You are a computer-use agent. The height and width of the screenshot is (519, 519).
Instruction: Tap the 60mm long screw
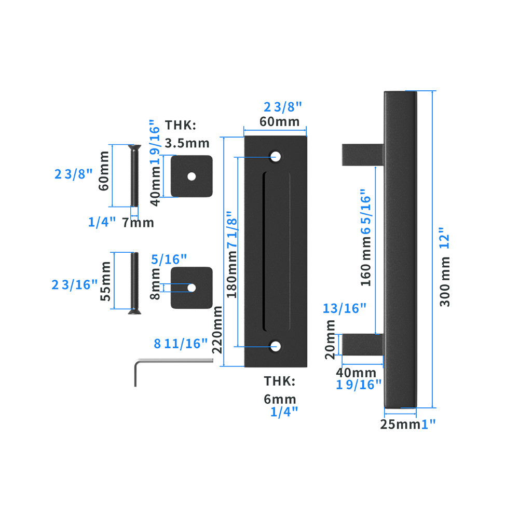point(133,176)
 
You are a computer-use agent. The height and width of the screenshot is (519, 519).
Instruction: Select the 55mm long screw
point(134,283)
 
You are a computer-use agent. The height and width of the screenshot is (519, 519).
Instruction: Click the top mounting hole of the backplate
point(275,156)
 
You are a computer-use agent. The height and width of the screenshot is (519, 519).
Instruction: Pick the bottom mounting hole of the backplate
point(275,347)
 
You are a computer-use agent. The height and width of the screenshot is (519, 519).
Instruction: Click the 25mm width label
point(400,425)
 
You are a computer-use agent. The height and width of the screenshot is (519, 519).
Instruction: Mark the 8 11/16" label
point(181,343)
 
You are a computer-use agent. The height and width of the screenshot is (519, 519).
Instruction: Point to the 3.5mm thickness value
point(187,143)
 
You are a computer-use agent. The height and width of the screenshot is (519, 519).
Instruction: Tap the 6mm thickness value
point(280,399)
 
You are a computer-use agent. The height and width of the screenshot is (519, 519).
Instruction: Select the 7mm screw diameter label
point(138,223)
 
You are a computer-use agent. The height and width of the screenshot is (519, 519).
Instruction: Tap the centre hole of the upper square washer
point(192,176)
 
